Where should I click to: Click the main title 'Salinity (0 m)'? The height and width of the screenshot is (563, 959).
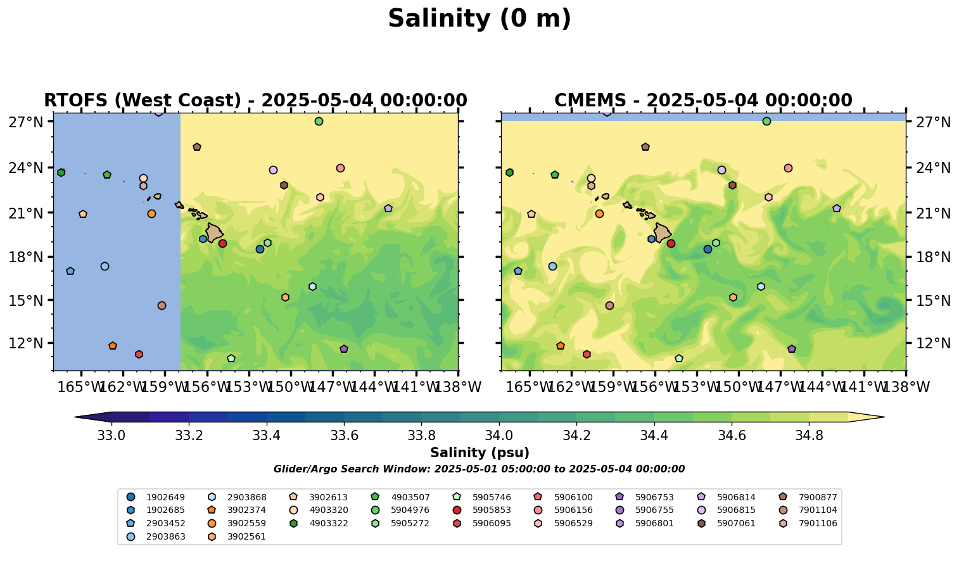[x=479, y=19]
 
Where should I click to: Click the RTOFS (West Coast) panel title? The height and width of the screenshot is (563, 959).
[x=255, y=101]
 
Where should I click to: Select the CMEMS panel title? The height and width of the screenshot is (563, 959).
[x=703, y=101]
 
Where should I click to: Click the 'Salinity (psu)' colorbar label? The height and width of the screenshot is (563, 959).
[x=479, y=453]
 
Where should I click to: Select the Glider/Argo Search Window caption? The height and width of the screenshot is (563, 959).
[x=479, y=469]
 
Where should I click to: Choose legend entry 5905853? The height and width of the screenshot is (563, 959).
[x=492, y=510]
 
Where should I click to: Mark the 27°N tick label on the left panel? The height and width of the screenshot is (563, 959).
[x=25, y=122]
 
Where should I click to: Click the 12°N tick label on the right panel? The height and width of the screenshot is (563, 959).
[x=934, y=343]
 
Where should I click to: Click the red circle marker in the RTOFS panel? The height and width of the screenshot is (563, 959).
[x=222, y=243]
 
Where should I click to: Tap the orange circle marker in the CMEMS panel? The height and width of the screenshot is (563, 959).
[x=599, y=213]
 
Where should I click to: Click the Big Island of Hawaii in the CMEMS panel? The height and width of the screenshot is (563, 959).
[x=662, y=232]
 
